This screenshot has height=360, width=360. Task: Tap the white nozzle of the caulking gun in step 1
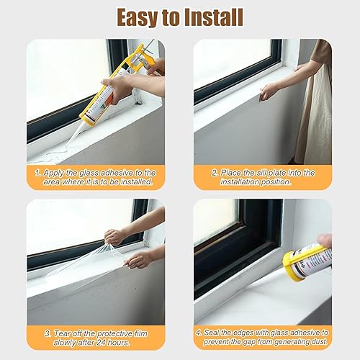pyautogui.click(x=73, y=135)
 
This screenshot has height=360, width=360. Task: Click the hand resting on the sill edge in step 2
pyautogui.click(x=269, y=91)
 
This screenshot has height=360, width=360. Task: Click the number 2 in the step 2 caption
pyautogui.click(x=215, y=173)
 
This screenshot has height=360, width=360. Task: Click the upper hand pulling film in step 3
pyautogui.click(x=114, y=237)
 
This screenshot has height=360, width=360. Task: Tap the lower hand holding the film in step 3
pyautogui.click(x=138, y=260)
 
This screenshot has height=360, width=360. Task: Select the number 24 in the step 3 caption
pyautogui.click(x=102, y=342)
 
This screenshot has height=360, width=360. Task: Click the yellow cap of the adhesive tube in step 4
pyautogui.click(x=292, y=265)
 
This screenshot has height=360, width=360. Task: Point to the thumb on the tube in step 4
pyautogui.click(x=325, y=240)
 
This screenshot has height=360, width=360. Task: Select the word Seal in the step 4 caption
pyautogui.click(x=211, y=333)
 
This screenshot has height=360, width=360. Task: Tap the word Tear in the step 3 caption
pyautogui.click(x=60, y=333)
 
